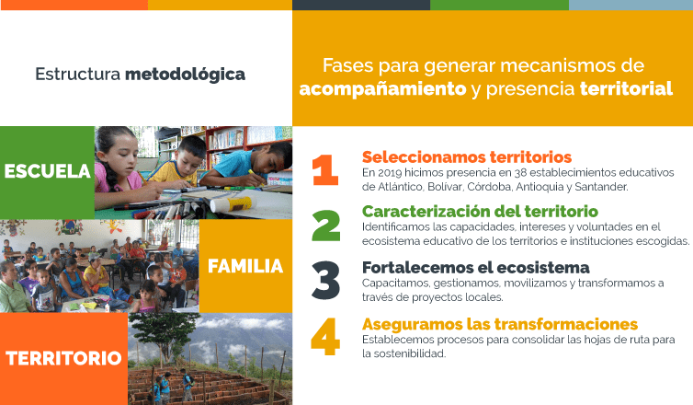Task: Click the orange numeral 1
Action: [325, 170]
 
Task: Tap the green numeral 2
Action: [326, 226]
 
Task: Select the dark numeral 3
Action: [325, 280]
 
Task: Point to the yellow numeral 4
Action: [325, 336]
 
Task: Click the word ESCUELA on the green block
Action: [47, 171]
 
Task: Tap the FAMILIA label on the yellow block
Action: [245, 266]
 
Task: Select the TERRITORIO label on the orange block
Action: [63, 358]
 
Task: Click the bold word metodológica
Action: [185, 75]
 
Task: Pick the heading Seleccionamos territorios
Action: [467, 157]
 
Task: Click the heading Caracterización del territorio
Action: [480, 211]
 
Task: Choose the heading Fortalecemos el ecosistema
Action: [475, 267]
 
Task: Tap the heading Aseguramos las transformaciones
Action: [500, 324]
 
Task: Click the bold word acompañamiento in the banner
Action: [382, 89]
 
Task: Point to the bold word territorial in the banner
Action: [626, 88]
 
